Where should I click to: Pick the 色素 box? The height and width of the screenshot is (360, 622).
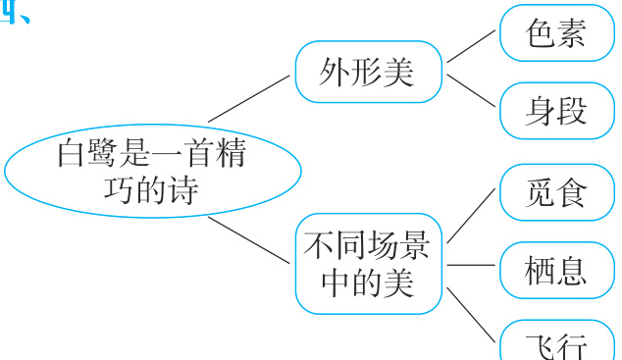(x=555, y=34)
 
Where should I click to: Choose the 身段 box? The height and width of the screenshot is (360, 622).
(x=555, y=110)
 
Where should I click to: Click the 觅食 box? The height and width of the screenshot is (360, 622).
(x=555, y=191)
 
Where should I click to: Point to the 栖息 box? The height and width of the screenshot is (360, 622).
(x=555, y=269)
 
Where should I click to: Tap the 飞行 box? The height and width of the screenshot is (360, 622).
(x=555, y=343)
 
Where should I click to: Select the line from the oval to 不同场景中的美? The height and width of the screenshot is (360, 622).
(x=249, y=239)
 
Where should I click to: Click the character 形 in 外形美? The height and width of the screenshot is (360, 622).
(x=367, y=72)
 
